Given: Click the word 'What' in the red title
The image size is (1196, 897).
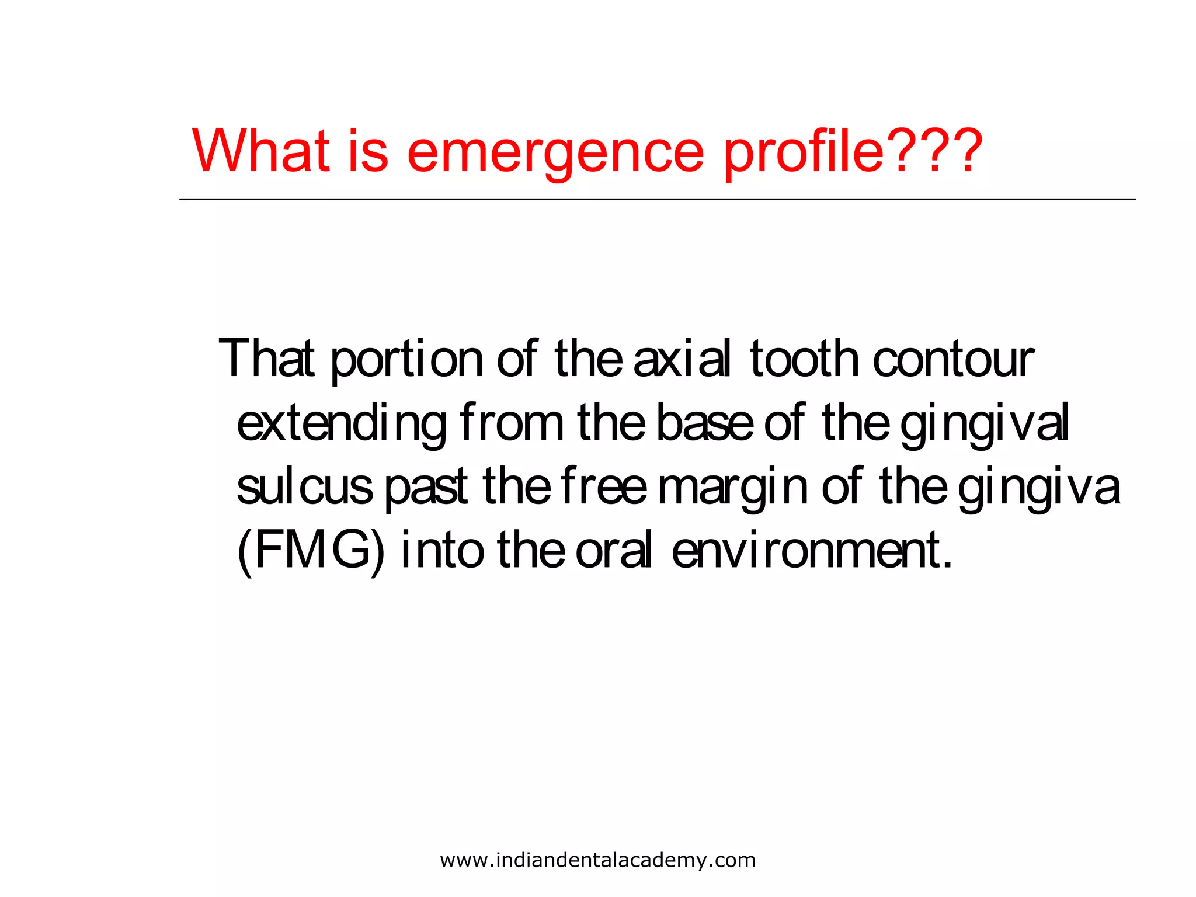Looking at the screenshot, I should pos(260,150).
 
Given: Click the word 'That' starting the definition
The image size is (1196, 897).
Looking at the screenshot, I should pos(266,359).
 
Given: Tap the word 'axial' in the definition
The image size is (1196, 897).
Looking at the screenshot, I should pos(682,359).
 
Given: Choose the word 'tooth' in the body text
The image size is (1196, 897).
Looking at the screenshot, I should pos(804,359).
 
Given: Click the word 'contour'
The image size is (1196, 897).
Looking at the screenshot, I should pos(953,360).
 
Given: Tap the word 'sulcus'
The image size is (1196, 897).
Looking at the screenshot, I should pos(304,487).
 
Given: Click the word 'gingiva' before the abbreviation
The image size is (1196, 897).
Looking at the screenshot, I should pos(1039,489).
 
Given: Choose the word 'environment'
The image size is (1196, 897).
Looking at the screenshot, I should pos(811,551).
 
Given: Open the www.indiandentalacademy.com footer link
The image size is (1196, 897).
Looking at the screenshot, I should pos(597,860).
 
